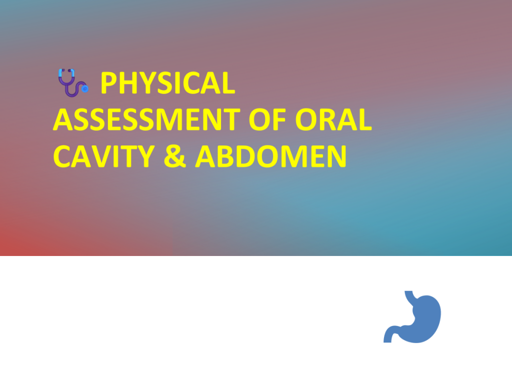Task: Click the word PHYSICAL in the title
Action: pyautogui.click(x=168, y=83)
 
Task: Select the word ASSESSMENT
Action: pyautogui.click(x=146, y=119)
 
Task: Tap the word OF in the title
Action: pyautogui.click(x=267, y=119)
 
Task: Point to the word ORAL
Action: pyautogui.click(x=333, y=119)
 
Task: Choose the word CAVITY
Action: pyautogui.click(x=104, y=156)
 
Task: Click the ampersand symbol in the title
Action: pyautogui.click(x=174, y=156)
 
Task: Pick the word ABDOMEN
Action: pyautogui.click(x=270, y=156)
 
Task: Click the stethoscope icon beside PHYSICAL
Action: pyautogui.click(x=73, y=83)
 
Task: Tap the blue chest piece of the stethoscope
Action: pyautogui.click(x=85, y=88)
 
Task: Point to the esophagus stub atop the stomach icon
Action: pyautogui.click(x=409, y=294)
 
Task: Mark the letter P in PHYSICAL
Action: pyautogui.click(x=108, y=83)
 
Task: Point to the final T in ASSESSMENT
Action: pyautogui.click(x=231, y=119)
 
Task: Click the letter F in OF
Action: pyautogui.click(x=279, y=119)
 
